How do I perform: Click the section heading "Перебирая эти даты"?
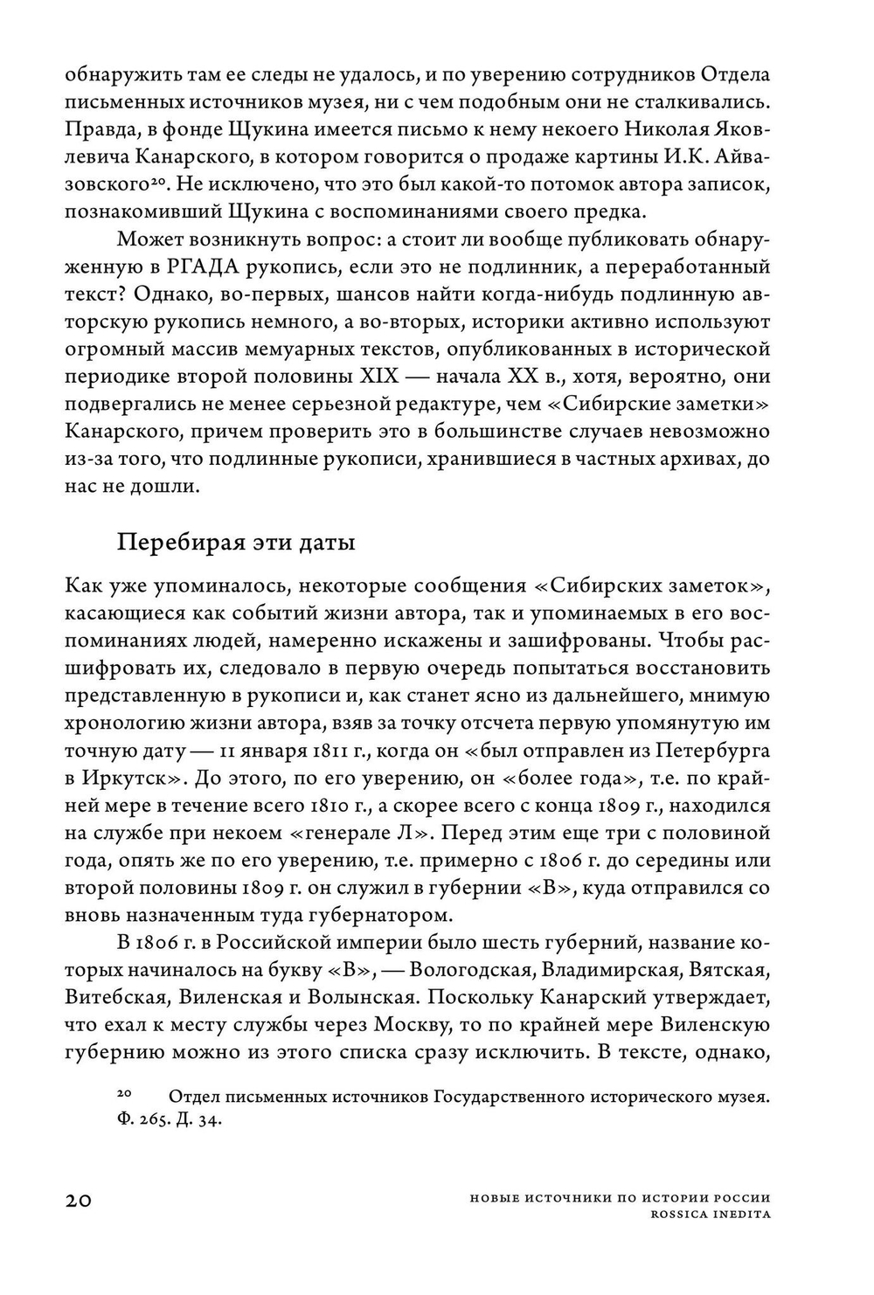tap(236, 543)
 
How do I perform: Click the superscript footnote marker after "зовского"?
tap(156, 181)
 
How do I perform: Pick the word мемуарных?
tap(314, 349)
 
